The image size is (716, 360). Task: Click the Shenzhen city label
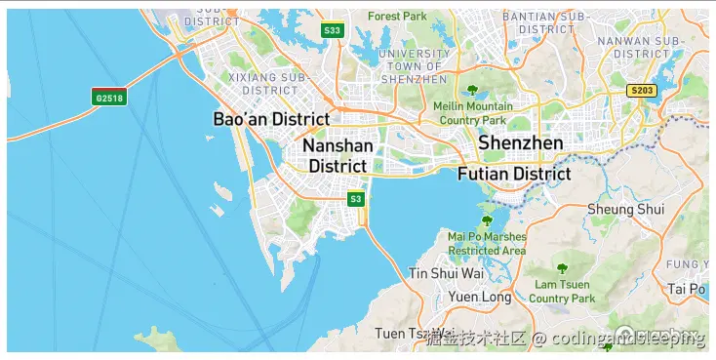click(x=520, y=143)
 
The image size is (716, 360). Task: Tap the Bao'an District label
click(x=271, y=119)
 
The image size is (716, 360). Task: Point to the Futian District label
click(x=513, y=175)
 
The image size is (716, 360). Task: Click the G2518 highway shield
click(x=108, y=97)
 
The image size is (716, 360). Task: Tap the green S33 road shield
click(x=332, y=30)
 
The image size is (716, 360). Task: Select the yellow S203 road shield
click(x=642, y=91)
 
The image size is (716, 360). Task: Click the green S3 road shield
click(x=356, y=199)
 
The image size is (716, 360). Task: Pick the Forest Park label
click(x=398, y=17)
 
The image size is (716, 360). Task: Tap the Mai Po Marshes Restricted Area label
click(x=487, y=244)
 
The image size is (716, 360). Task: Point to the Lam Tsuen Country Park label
click(x=562, y=291)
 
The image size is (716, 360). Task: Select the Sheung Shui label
click(x=625, y=209)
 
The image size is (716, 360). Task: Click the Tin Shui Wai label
click(x=446, y=273)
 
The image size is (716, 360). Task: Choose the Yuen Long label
click(x=480, y=297)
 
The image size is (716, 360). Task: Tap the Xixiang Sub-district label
click(x=262, y=82)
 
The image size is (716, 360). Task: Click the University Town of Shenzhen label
click(x=415, y=65)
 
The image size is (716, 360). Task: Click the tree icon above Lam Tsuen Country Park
click(x=561, y=267)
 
